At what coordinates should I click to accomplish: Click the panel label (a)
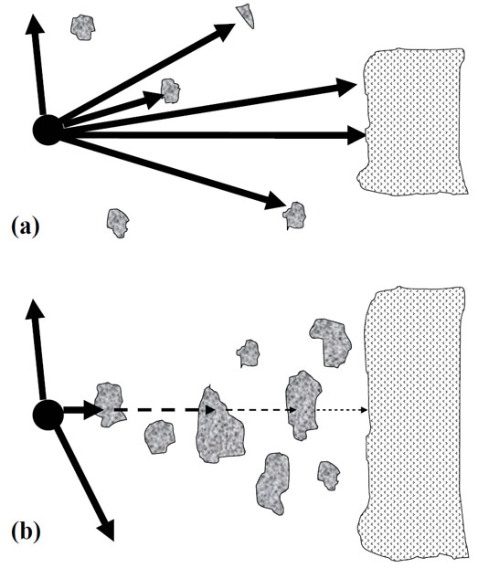26,226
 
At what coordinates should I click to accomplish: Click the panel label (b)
26,533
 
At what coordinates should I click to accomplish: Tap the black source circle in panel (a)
48,130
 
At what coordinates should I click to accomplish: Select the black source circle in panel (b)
48,415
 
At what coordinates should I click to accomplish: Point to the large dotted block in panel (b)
413,426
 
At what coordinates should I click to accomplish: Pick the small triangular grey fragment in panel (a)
246,16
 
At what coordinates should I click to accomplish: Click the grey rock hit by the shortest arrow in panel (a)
170,90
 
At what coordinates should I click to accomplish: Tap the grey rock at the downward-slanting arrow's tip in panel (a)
294,216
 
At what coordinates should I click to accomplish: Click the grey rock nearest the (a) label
118,223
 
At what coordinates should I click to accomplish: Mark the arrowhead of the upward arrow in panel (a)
34,25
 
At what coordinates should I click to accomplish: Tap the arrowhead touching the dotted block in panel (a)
356,135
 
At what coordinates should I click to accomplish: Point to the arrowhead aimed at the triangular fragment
225,31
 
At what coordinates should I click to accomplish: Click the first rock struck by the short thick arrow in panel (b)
109,404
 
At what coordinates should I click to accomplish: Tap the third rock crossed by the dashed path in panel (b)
303,404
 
